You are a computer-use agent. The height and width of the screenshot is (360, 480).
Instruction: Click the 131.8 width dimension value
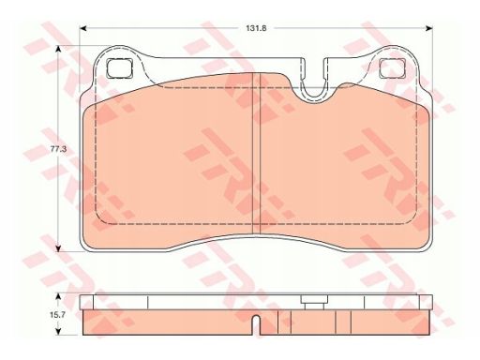256,28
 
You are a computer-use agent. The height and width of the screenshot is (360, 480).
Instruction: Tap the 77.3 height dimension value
58,149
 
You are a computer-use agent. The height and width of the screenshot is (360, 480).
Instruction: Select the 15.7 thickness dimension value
57,315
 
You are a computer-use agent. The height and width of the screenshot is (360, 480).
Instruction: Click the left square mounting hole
120,68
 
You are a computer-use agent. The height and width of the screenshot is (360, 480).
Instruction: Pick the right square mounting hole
393,68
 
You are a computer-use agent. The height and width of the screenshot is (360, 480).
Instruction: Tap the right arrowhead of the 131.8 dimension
429,28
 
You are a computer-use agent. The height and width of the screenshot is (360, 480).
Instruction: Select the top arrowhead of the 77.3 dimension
58,49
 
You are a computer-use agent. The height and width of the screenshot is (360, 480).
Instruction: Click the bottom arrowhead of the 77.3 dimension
58,248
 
